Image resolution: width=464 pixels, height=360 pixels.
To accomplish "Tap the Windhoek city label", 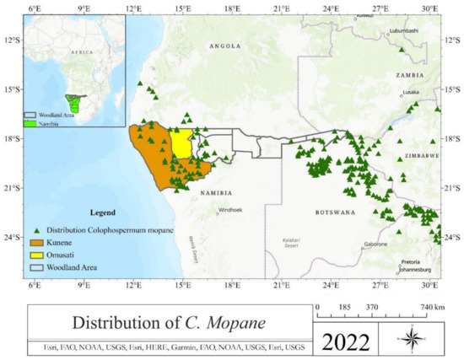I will click(x=229, y=211).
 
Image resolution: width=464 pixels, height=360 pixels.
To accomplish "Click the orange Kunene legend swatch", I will click(x=36, y=242).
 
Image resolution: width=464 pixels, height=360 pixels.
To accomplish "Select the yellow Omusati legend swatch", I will click(x=36, y=254).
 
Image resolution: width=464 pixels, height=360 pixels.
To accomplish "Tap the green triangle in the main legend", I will click(x=35, y=229).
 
